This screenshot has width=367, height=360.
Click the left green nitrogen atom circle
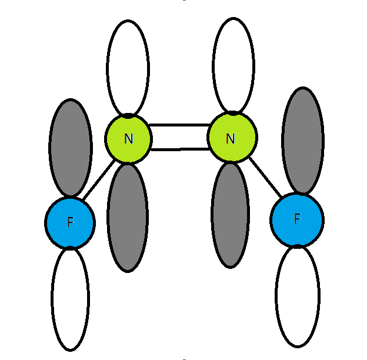coord(128,139)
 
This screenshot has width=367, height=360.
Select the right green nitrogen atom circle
coord(232,137)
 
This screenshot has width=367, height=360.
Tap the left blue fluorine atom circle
coord(70,222)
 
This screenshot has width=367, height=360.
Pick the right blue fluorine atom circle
coord(297,220)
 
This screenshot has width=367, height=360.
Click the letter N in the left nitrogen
coord(128,139)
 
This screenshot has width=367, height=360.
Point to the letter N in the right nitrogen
coord(231,139)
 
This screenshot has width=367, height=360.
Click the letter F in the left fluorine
coord(70,222)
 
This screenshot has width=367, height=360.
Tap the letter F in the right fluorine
coord(297,219)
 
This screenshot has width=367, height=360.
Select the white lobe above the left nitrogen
coord(128,68)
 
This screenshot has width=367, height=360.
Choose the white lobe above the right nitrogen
coord(233,65)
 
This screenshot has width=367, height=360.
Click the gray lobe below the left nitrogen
coord(128,218)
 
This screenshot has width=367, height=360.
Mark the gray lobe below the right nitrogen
coord(230,215)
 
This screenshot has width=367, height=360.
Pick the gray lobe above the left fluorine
coord(71,148)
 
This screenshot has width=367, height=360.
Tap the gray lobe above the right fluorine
coord(303,141)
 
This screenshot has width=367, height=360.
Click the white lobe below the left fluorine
coord(70,299)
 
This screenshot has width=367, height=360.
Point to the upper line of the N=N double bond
coord(180,125)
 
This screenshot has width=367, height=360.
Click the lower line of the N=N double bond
coord(180,149)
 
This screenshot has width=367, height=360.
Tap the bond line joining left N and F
coord(99,180)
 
